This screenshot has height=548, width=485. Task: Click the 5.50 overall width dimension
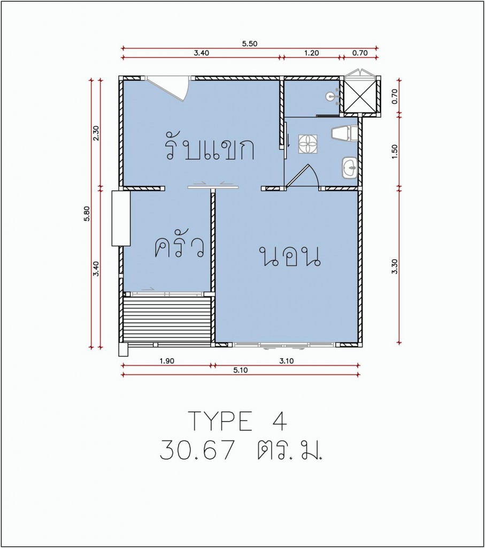coord(249,44)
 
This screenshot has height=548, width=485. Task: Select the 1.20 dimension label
coord(311,53)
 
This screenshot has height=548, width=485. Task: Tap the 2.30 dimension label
coord(96,133)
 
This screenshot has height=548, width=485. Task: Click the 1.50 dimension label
coord(395,151)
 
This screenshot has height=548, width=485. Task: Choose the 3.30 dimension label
coord(395,267)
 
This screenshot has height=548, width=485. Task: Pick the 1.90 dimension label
coord(167,361)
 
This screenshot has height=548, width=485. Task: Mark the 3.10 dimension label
coord(287,361)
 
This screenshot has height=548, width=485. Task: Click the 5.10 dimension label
coord(241,370)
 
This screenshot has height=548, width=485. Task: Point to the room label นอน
coord(290,257)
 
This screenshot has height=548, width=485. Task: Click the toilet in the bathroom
coord(344,134)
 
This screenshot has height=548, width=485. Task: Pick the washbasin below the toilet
coord(349,168)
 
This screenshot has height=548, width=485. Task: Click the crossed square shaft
coord(360,95)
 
